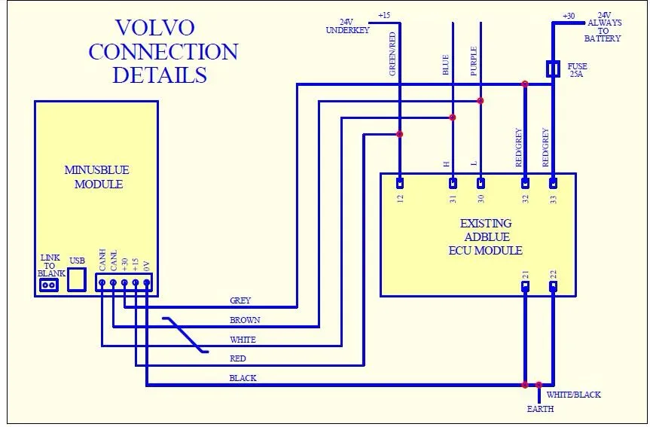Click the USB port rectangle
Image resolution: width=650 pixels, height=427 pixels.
[x=77, y=279]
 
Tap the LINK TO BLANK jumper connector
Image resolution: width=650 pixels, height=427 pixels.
[x=48, y=285]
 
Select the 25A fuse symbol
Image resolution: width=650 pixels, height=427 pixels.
[x=553, y=69]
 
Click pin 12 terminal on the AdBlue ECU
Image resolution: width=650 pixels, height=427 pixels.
[x=400, y=183]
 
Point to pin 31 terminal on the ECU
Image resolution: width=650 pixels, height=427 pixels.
[x=453, y=183]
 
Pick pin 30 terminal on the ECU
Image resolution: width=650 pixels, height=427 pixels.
[x=481, y=183]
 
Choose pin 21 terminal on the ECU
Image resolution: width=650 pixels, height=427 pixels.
[x=525, y=286]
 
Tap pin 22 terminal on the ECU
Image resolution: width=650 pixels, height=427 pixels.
[x=553, y=286]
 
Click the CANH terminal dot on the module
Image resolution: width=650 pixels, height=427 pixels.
[x=102, y=282]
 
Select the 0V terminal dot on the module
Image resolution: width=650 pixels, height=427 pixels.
[x=146, y=282]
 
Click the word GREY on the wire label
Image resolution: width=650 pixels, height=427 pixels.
[x=240, y=300]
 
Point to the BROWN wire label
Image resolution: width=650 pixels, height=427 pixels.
[x=245, y=320]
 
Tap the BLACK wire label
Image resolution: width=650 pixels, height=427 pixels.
[x=243, y=378]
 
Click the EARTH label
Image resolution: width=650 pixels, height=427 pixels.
[x=540, y=409]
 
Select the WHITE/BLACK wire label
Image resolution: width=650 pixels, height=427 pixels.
[x=573, y=395]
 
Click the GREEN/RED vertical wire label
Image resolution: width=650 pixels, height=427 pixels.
[x=392, y=54]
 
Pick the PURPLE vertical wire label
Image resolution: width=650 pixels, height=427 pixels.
[x=474, y=61]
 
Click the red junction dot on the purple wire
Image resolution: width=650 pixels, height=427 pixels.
[x=480, y=101]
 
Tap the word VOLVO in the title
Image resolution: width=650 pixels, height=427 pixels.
[x=155, y=28]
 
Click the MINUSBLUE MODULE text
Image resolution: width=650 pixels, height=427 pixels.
[x=97, y=177]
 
